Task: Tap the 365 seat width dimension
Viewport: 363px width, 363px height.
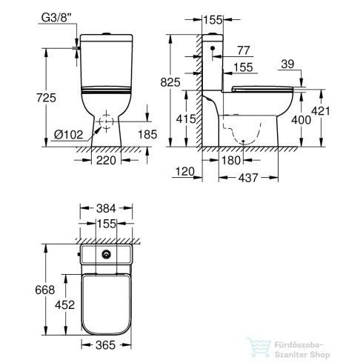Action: pos(107,344)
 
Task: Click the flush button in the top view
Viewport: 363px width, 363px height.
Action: pos(109,256)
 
